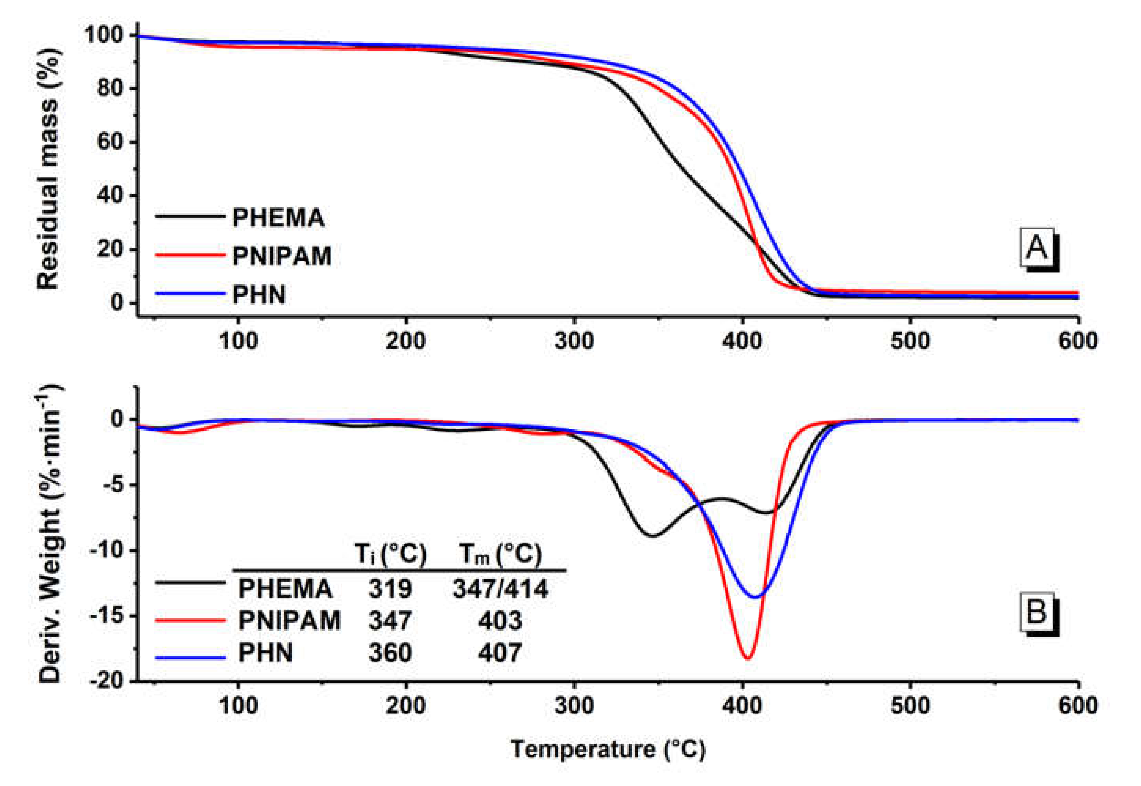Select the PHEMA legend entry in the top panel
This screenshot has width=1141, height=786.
[x=278, y=218]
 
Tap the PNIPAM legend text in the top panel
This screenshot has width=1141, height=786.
[x=282, y=256]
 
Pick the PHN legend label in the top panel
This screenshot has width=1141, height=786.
[x=259, y=295]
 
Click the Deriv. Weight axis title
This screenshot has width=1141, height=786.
[x=49, y=534]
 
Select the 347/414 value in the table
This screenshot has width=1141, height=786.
[x=500, y=588]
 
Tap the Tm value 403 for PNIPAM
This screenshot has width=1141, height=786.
[x=500, y=621]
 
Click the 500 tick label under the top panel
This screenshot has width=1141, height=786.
[x=910, y=341]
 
